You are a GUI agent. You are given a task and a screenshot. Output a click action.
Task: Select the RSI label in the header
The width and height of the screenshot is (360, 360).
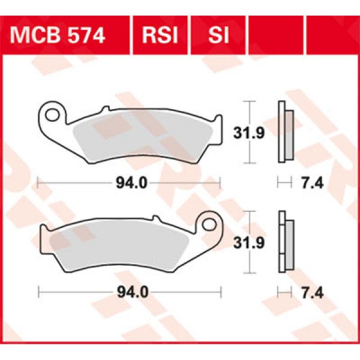160,35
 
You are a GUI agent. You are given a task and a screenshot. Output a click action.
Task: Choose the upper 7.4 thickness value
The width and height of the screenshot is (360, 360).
310,183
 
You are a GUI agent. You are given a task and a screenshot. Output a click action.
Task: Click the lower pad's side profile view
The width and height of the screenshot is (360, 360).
284,242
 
